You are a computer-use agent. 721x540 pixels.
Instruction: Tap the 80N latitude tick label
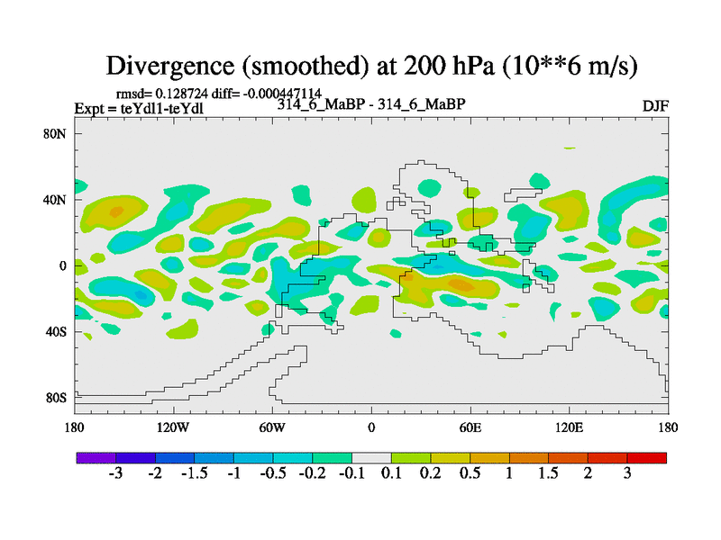58,134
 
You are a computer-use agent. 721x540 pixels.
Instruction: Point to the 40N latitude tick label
58,200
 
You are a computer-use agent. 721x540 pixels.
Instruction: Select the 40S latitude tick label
58,332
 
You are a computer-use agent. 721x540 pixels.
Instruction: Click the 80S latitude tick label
58,398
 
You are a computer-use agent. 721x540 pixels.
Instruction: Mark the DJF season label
654,106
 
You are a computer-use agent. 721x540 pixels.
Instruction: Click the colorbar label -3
115,473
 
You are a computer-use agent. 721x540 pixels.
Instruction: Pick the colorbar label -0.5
271,473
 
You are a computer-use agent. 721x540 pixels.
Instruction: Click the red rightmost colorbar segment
646,458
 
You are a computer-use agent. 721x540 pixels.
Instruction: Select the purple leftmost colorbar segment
96,458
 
